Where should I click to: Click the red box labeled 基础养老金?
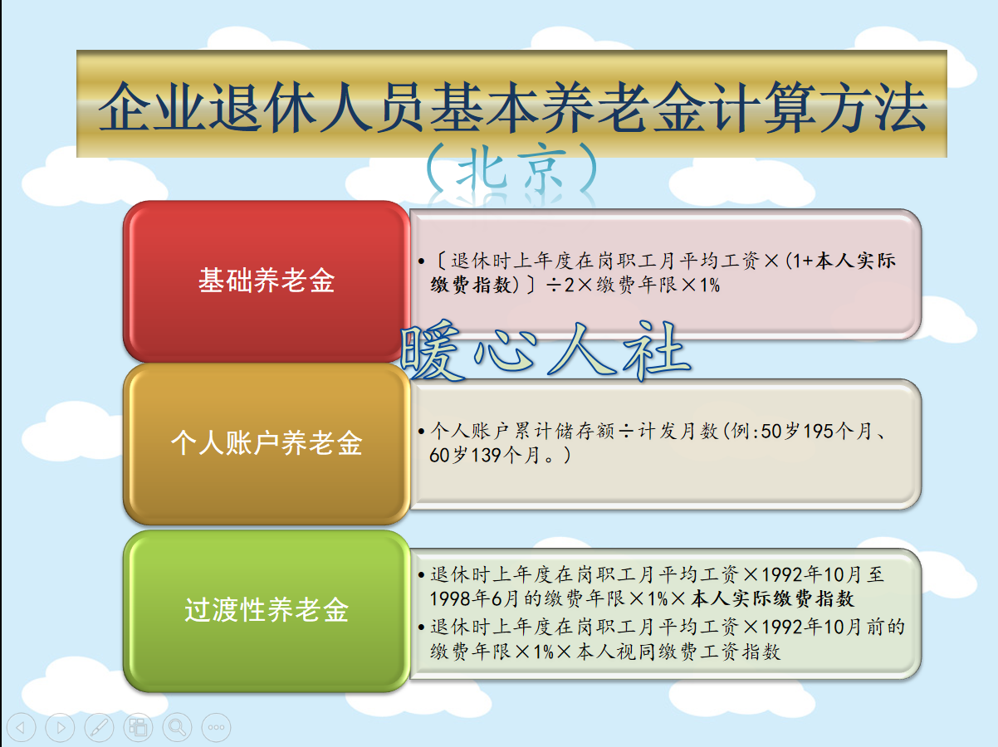(266, 281)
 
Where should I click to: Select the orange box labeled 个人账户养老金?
(266, 443)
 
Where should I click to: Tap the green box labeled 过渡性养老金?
(266, 610)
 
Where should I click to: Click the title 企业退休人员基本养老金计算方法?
(511, 106)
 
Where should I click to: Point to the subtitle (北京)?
(511, 169)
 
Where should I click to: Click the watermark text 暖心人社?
(545, 354)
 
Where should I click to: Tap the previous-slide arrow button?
(20, 727)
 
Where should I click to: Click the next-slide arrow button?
(59, 727)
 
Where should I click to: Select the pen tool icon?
(98, 727)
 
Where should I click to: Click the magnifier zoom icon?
(177, 727)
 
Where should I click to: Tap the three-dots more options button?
(216, 727)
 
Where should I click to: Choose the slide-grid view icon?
(138, 727)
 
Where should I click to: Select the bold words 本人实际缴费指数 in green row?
(773, 598)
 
